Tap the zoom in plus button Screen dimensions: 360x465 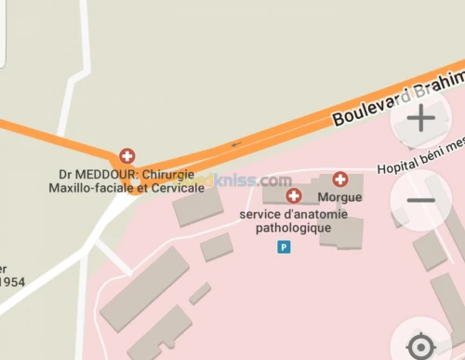click(x=421, y=118)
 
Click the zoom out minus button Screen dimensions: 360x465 click(x=421, y=200)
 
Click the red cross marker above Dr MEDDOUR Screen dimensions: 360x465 click(x=126, y=156)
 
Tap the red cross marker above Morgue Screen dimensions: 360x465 click(x=340, y=180)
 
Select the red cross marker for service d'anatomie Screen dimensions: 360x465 click(x=294, y=195)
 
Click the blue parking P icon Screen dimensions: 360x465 click(x=285, y=247)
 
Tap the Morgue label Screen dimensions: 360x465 click(x=339, y=197)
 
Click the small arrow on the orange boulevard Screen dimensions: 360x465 click(x=236, y=144)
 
